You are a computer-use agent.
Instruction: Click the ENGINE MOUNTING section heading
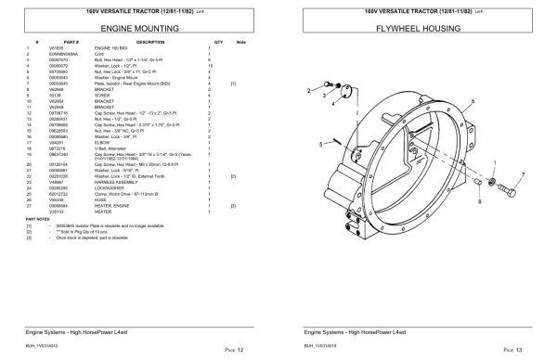[140, 29]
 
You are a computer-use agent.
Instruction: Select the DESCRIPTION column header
[149, 43]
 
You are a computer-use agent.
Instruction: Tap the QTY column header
[219, 43]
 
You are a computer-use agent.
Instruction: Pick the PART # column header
[66, 43]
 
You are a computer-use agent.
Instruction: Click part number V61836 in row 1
[66, 49]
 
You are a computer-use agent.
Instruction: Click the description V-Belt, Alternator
[126, 174]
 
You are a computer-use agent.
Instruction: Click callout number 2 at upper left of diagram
[308, 92]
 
